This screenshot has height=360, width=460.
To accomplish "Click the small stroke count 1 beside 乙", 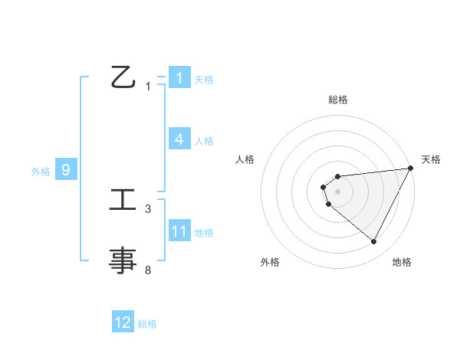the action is [x=148, y=87].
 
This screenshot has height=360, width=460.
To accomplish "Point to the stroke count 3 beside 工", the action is [x=148, y=208].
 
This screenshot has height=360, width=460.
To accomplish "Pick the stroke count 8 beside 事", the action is [x=148, y=270].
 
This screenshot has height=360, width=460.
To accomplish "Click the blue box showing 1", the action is [x=179, y=78].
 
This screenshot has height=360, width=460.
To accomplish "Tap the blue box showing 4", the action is [x=179, y=139].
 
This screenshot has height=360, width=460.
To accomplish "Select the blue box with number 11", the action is [x=179, y=231].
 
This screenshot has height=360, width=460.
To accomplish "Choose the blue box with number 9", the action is [x=66, y=170].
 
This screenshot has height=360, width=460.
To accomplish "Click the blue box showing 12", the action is [x=123, y=322].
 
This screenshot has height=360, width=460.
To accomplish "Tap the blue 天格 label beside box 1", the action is [x=203, y=79].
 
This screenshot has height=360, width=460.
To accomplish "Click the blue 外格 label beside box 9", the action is [x=41, y=172].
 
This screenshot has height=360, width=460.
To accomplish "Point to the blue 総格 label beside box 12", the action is [x=147, y=324].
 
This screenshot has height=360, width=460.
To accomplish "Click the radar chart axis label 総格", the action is [x=338, y=100].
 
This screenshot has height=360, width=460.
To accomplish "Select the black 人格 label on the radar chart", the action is [x=245, y=159].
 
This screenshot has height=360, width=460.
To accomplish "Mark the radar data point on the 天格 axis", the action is [x=411, y=168].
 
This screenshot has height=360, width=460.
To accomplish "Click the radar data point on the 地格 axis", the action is [x=373, y=242].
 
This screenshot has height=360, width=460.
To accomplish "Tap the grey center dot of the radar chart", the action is [x=337, y=190].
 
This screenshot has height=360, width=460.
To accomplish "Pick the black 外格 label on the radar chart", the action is [x=270, y=263].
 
